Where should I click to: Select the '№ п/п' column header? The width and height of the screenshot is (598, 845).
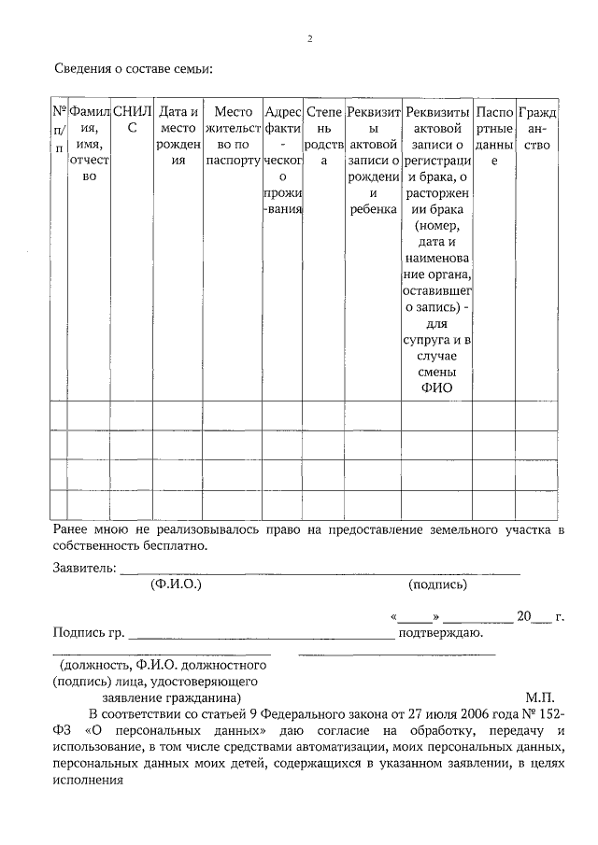(x=59, y=129)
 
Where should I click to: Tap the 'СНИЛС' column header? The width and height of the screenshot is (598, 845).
(x=131, y=120)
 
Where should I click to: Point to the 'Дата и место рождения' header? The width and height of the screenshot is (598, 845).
(x=179, y=135)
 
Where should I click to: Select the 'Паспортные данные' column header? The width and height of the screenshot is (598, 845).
(x=494, y=135)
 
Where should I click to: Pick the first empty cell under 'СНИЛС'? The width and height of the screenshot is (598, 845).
(x=131, y=415)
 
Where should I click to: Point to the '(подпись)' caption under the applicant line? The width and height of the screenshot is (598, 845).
(x=437, y=584)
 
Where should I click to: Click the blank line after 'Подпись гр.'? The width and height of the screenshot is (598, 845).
(x=262, y=635)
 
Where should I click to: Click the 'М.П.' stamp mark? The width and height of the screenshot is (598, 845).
(x=539, y=697)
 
